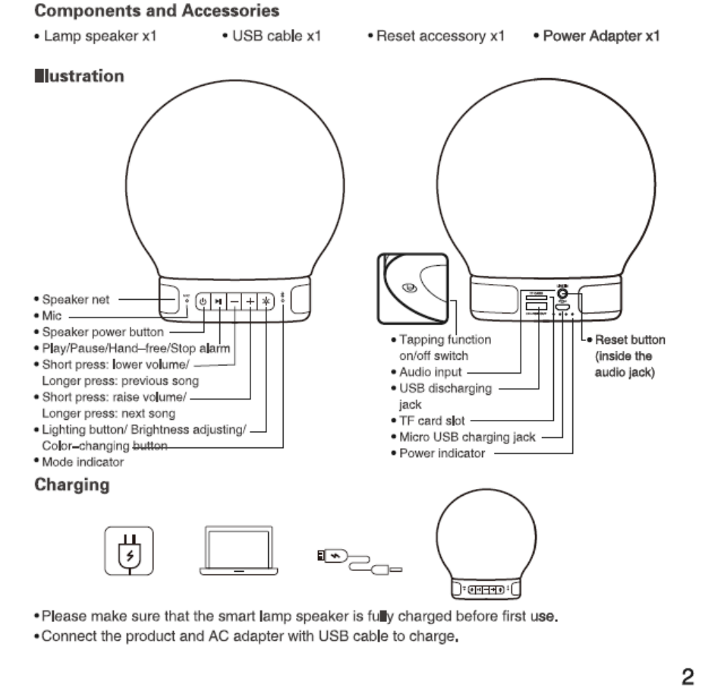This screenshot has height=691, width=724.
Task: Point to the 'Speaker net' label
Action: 75,299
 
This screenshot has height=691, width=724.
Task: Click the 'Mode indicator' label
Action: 83,461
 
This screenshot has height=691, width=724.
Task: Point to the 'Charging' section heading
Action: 72,485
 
